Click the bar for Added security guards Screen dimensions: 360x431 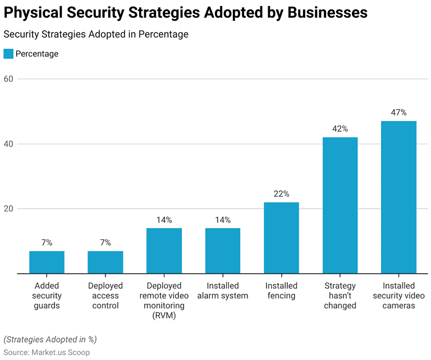[x=47, y=262]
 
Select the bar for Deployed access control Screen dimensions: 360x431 [x=106, y=262]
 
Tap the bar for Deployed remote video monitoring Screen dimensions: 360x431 [x=164, y=251]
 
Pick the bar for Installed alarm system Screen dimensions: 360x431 [x=223, y=251]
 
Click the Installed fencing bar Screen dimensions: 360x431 [x=281, y=238]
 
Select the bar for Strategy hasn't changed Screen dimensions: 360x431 [x=340, y=206]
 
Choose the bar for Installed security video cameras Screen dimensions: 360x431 [x=398, y=197]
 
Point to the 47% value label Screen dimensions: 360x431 [x=398, y=113]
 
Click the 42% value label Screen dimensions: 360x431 [x=340, y=129]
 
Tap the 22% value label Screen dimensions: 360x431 [x=281, y=194]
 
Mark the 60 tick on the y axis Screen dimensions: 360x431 [x=8, y=79]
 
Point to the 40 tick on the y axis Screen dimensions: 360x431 [x=8, y=144]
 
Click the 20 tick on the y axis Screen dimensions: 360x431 [x=8, y=209]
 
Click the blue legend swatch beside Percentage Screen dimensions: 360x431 [x=8, y=54]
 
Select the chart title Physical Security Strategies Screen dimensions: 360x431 [x=186, y=13]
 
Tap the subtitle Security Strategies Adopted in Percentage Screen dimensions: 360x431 [x=96, y=34]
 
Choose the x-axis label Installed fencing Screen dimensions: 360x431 [x=281, y=291]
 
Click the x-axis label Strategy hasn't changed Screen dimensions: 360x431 [x=340, y=296]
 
